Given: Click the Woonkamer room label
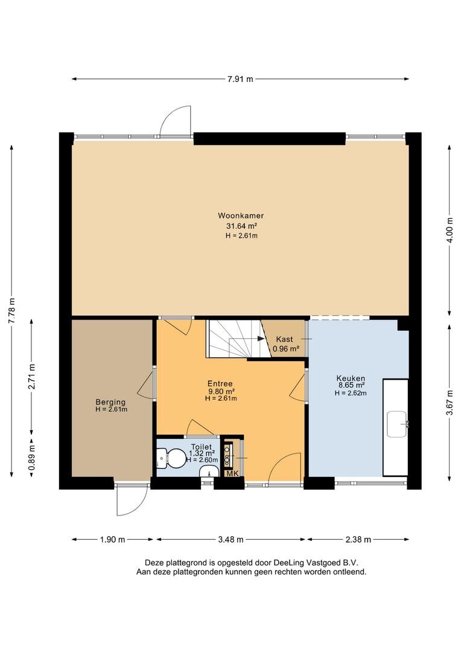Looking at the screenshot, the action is click(x=241, y=216).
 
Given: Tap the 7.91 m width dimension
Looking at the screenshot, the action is click(x=240, y=79).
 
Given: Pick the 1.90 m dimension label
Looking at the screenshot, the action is click(x=112, y=540).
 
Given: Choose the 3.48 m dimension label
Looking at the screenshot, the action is click(x=230, y=540).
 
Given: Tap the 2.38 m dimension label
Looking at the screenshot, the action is click(x=358, y=540).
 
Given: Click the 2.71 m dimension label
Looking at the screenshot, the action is click(x=31, y=376).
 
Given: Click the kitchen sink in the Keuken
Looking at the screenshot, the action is click(x=396, y=424).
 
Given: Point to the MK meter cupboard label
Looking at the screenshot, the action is click(x=232, y=473).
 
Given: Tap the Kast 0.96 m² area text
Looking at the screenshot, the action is click(x=286, y=349).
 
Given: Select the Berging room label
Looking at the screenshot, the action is click(x=110, y=402).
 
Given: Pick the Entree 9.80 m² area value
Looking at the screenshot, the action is click(x=221, y=391).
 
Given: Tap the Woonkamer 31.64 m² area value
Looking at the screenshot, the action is click(x=241, y=226).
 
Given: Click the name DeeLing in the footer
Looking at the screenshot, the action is click(x=288, y=563).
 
